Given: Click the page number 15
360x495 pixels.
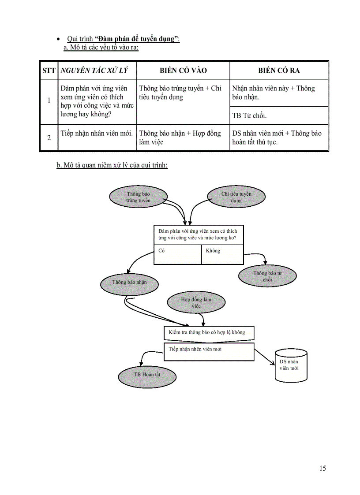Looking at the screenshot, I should point(322,468).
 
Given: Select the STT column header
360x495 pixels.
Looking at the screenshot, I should point(49,71).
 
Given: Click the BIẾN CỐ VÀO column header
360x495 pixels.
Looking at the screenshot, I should point(183,71).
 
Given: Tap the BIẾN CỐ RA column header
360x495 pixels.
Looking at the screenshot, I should point(279,71).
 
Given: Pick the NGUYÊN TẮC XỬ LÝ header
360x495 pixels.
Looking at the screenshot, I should point(97,71).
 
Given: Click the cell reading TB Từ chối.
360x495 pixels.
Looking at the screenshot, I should point(250,116).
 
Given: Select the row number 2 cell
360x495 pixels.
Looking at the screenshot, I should point(49,138).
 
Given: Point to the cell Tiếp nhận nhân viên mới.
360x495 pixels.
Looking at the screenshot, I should point(97,134).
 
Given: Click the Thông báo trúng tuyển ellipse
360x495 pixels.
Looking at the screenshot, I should point(138,197).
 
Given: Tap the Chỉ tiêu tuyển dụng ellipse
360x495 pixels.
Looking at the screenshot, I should point(236,197).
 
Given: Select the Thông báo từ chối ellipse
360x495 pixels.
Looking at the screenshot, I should point(267,276).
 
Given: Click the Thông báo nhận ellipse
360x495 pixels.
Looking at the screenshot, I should point(129,282).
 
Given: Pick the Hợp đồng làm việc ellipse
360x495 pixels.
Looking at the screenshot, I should point(196,302).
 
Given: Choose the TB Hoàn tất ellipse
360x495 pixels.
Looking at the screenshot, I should point(147,374).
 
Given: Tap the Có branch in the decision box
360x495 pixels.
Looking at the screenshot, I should point(177,255).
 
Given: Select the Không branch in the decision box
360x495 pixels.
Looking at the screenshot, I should point(222,255).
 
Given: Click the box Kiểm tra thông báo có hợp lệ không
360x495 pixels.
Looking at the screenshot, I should point(208,332).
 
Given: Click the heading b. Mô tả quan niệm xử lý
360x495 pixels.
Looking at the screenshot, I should point(112,165).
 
